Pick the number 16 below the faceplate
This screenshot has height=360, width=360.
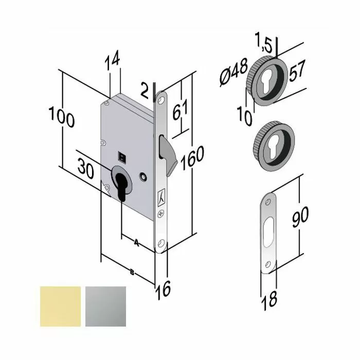(x=164, y=291)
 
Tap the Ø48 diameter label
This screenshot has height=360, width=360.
(x=233, y=72)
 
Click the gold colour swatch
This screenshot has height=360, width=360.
(x=60, y=307)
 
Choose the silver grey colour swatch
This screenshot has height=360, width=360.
(x=105, y=307)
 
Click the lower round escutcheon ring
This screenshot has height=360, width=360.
(x=271, y=143)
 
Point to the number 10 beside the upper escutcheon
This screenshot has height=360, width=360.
(x=245, y=115)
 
